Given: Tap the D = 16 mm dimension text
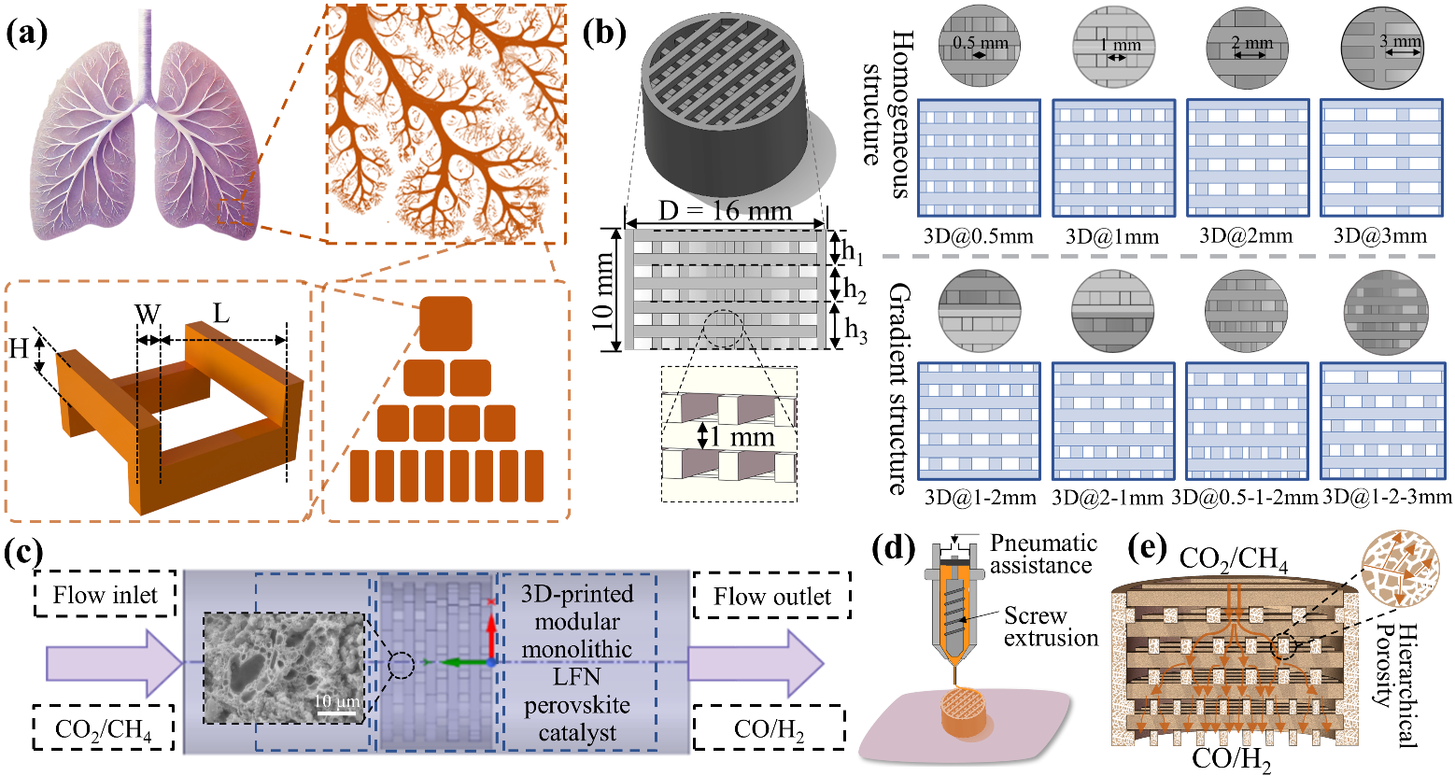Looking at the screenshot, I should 726,212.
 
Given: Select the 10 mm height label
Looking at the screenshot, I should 604,289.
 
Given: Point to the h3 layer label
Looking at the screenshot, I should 855,328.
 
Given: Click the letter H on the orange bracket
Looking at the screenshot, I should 20,349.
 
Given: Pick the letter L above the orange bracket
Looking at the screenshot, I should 220,313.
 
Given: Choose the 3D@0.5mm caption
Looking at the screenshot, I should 978,236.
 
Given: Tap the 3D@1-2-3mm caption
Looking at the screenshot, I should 1387,498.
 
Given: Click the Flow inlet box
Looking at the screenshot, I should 106,595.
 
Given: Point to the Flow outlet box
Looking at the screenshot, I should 772,596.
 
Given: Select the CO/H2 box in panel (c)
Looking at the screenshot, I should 770,729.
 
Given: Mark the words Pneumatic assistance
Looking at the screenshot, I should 1043,554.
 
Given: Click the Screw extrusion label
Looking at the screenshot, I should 1051,627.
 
